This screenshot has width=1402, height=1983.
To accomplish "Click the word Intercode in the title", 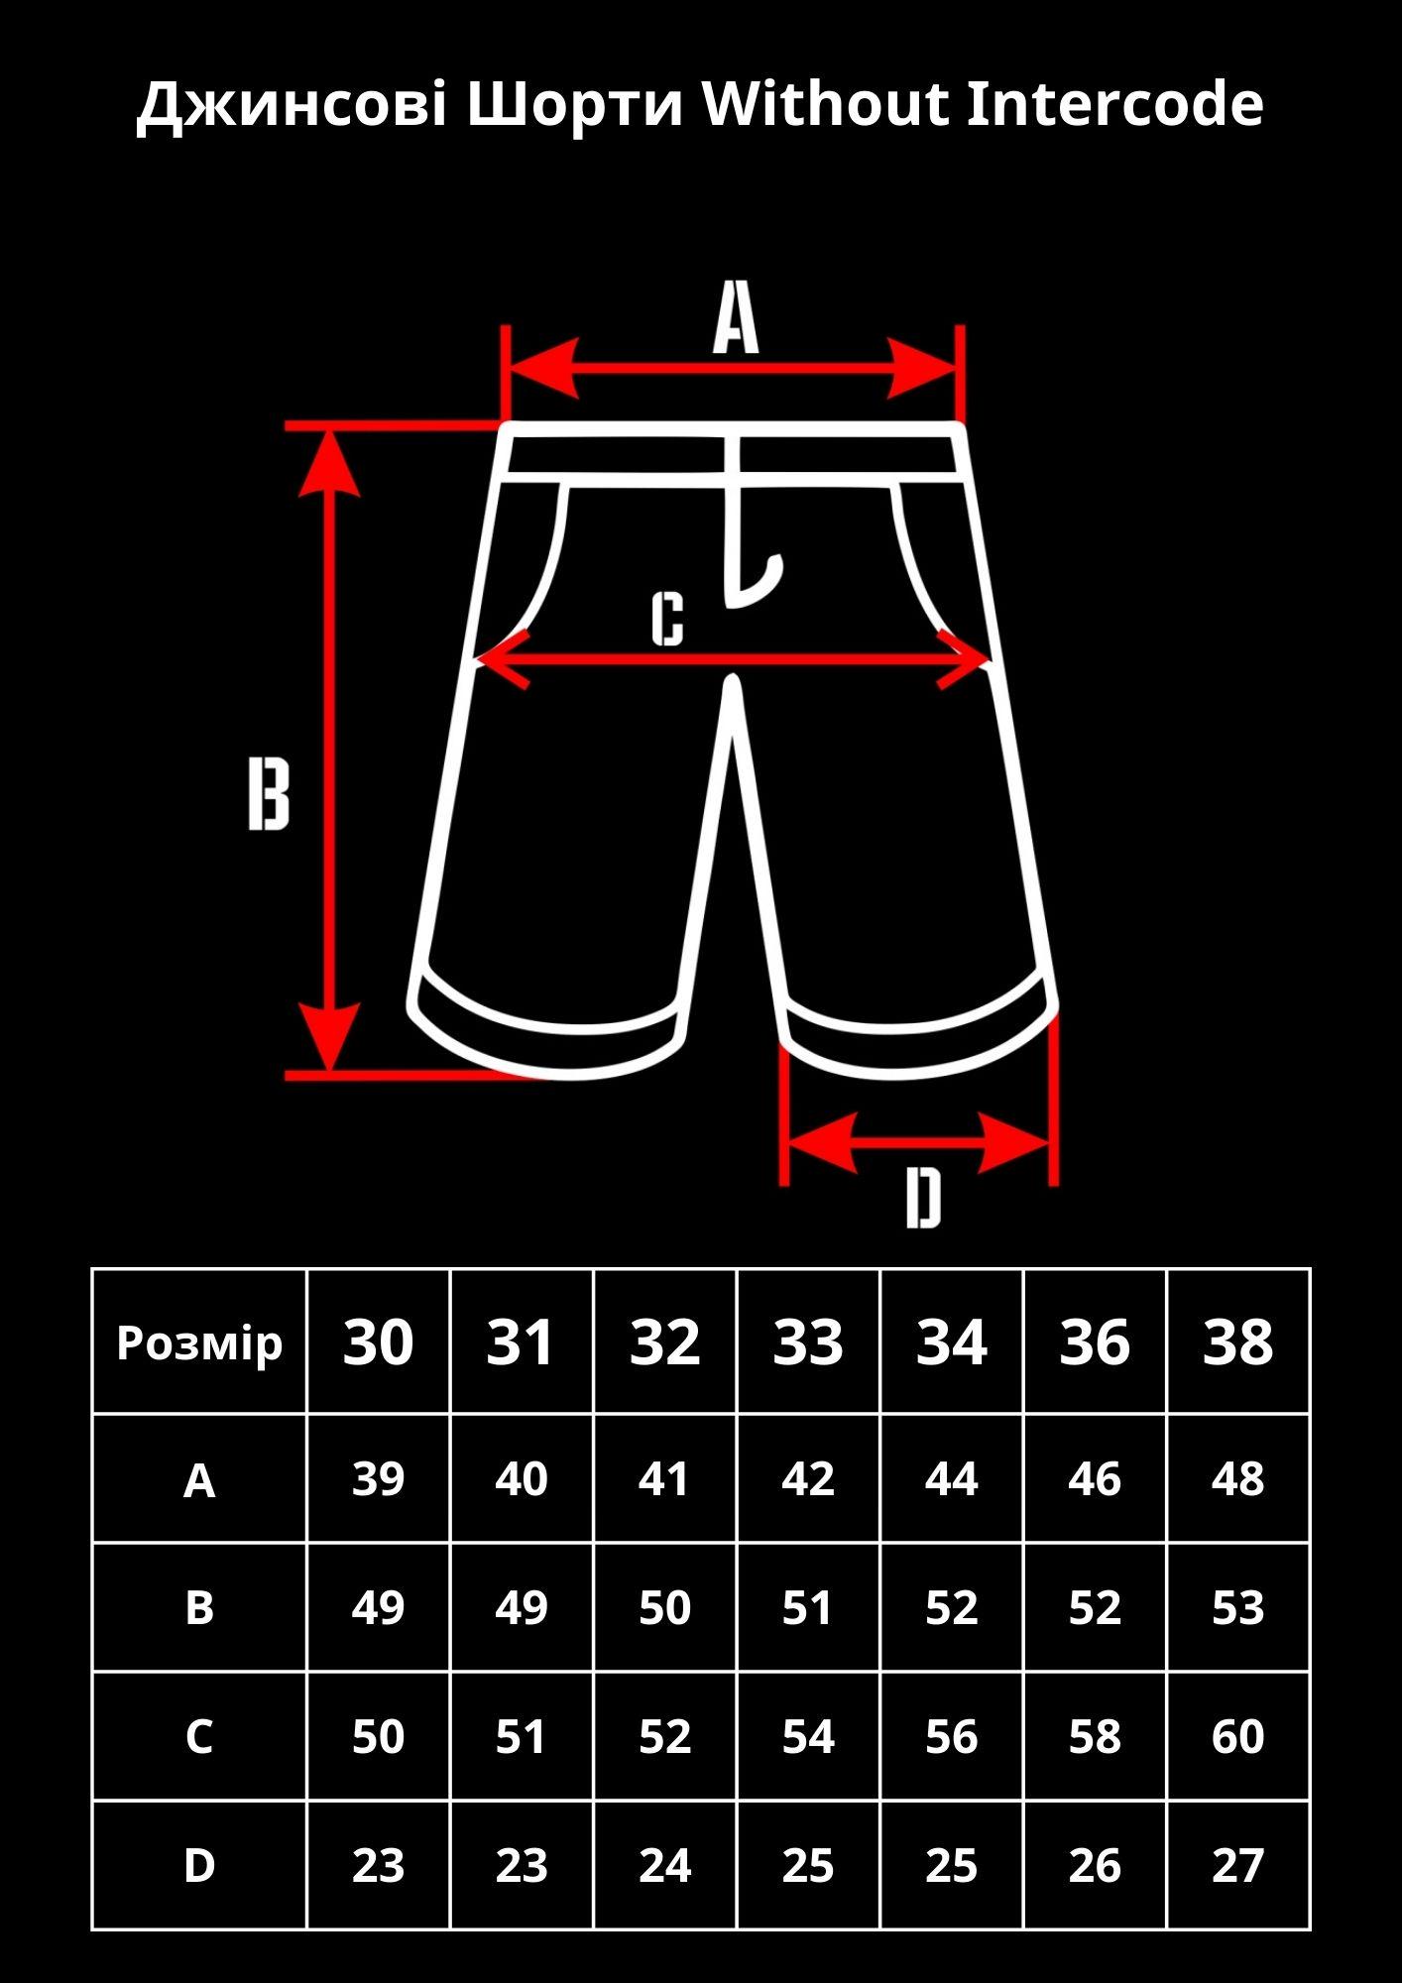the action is (x=1114, y=103).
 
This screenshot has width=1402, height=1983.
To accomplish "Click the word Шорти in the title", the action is (x=575, y=103).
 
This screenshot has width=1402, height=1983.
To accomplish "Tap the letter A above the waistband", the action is (x=736, y=317).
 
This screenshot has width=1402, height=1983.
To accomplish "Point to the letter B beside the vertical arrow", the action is (x=268, y=793).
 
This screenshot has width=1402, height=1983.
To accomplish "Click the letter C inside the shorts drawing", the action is (x=668, y=619).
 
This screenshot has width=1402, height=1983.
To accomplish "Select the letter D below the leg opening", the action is (x=923, y=1197).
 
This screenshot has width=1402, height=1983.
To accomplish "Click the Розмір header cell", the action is (x=199, y=1343).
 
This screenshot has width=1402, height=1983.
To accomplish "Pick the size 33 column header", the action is (x=808, y=1342).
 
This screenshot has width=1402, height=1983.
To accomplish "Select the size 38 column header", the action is (x=1237, y=1342).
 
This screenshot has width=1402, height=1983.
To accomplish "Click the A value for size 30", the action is (x=378, y=1478).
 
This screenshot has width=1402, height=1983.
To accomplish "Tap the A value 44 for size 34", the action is (x=951, y=1478).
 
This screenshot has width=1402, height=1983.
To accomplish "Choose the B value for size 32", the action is (x=664, y=1607).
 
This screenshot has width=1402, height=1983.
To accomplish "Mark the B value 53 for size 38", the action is (x=1237, y=1607).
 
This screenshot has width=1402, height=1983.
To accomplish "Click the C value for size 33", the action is (x=808, y=1736).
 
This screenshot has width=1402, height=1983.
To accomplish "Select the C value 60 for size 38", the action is (x=1237, y=1736).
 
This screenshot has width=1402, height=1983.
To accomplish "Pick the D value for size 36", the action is (x=1095, y=1865).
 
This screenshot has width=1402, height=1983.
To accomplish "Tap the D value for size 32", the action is (x=664, y=1865).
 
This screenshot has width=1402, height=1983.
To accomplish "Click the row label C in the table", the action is (x=199, y=1736).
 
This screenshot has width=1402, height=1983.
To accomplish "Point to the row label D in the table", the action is (x=199, y=1865).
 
